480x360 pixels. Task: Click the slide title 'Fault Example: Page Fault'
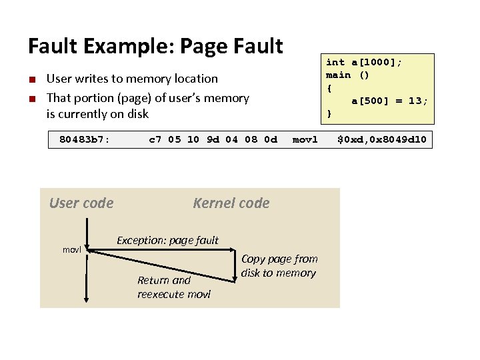(x=155, y=46)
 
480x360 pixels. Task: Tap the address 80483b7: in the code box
(x=85, y=140)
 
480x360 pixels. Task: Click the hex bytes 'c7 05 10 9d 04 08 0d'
(x=213, y=140)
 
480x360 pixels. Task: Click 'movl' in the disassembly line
(x=305, y=140)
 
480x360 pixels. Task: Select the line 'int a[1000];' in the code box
(x=364, y=62)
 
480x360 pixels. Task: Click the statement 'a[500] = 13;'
(x=389, y=101)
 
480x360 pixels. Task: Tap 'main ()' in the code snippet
(x=347, y=75)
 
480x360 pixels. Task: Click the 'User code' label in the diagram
(x=81, y=203)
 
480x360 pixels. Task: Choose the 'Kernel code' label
(x=231, y=203)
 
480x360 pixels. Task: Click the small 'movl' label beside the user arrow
(x=71, y=249)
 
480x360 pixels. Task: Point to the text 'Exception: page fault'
(x=167, y=240)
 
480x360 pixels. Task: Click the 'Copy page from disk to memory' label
(x=279, y=265)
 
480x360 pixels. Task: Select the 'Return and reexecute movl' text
(x=173, y=287)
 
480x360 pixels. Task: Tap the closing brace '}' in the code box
(x=329, y=114)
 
